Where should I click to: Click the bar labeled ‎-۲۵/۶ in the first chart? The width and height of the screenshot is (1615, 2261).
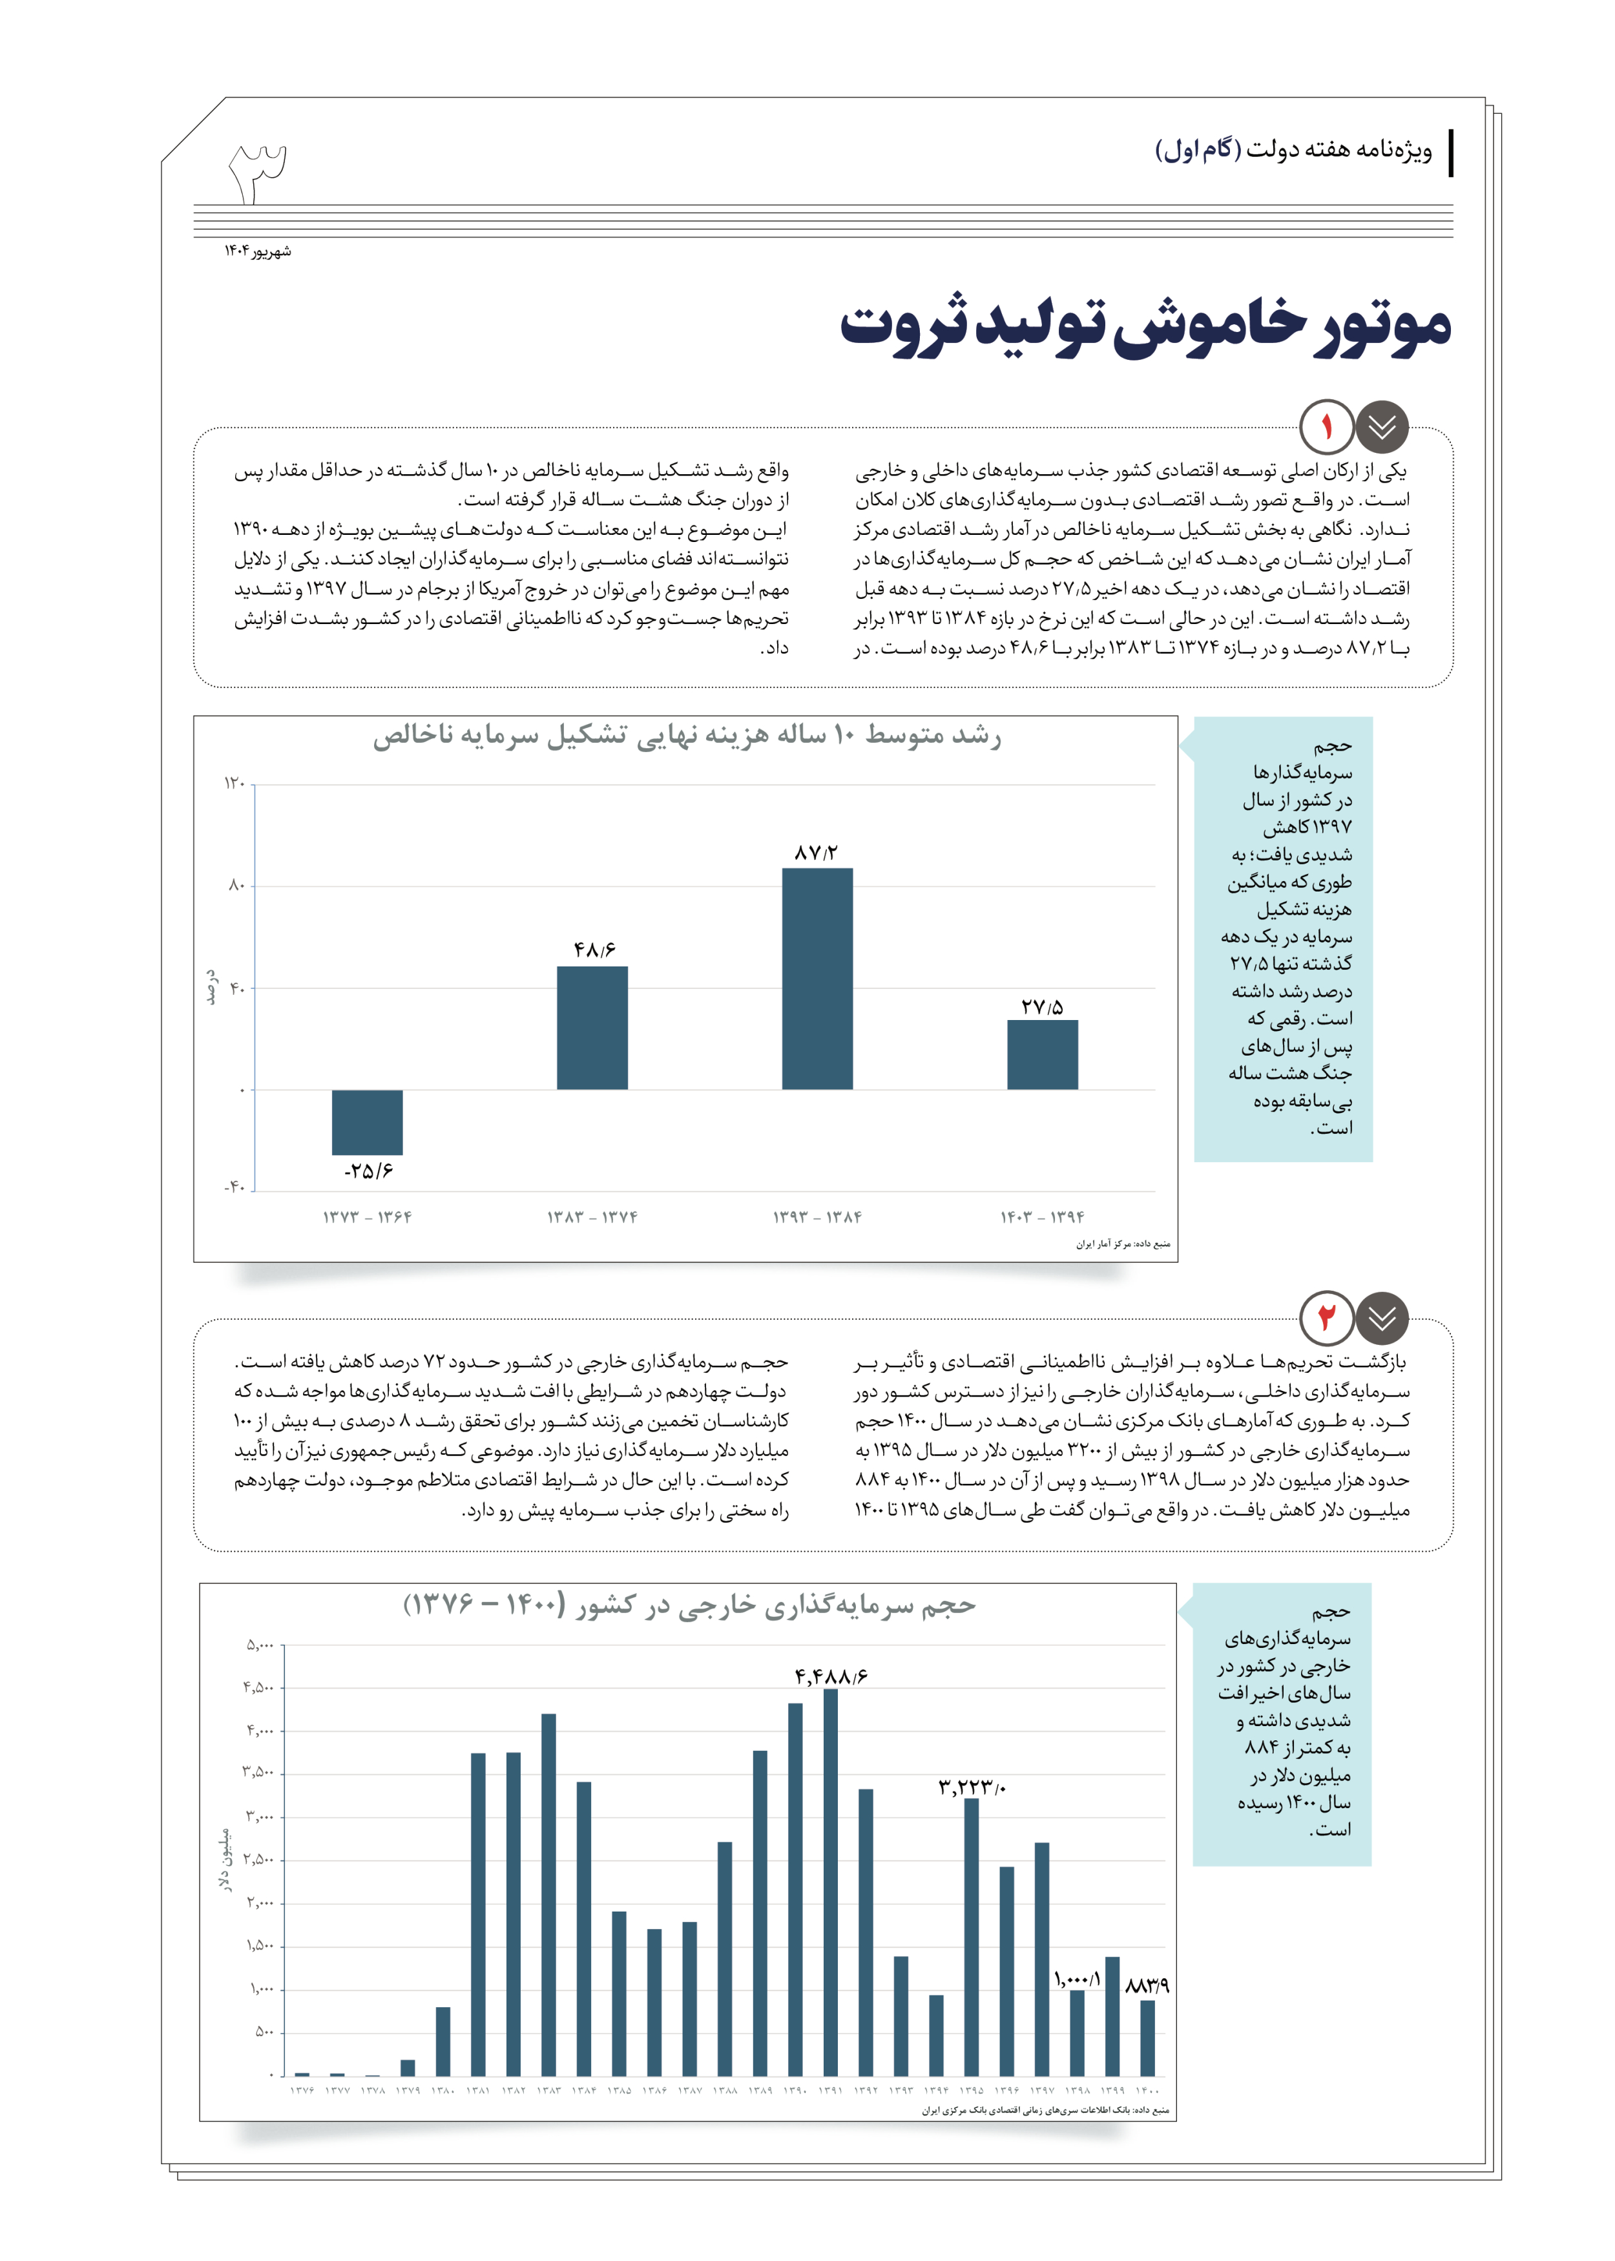[367, 1121]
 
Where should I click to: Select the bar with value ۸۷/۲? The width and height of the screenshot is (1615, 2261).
[817, 979]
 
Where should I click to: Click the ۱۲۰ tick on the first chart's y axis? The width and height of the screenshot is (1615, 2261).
[234, 784]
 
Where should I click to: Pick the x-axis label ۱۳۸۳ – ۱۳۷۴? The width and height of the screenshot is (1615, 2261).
[592, 1217]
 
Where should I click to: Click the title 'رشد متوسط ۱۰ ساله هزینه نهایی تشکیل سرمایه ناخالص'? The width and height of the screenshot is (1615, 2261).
[686, 736]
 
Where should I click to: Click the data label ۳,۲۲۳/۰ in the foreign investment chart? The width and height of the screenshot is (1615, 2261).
[972, 1787]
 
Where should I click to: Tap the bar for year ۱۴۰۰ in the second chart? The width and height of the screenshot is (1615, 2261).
[1147, 2037]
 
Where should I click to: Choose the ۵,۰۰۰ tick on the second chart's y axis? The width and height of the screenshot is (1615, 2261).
[260, 1645]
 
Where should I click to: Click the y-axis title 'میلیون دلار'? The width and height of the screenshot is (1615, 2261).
[225, 1859]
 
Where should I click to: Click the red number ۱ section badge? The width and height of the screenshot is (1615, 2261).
[1327, 428]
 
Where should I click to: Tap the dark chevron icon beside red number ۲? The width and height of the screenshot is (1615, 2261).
[1382, 1318]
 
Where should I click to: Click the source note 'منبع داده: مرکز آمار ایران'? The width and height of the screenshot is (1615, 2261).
[1123, 1244]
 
